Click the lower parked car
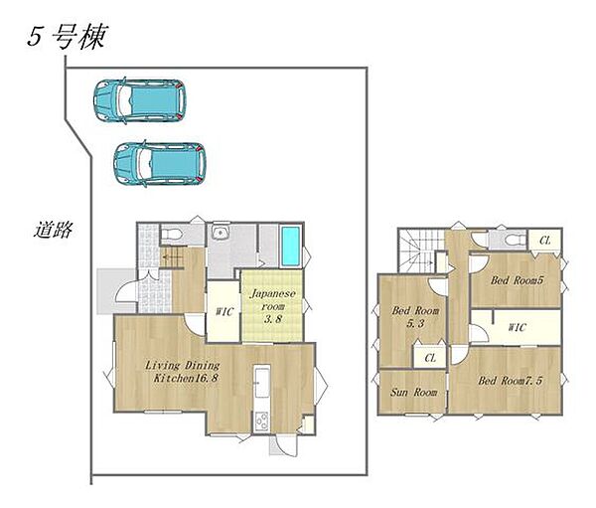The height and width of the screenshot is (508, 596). tap(160, 161)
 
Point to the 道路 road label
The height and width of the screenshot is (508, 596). tap(50, 231)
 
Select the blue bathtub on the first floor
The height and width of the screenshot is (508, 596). tap(289, 246)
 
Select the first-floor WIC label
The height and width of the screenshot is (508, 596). tap(223, 312)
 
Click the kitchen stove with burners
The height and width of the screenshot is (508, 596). tap(261, 421)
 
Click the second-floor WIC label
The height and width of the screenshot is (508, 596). tap(516, 326)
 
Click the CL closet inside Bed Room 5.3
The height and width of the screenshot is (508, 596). tap(430, 358)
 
